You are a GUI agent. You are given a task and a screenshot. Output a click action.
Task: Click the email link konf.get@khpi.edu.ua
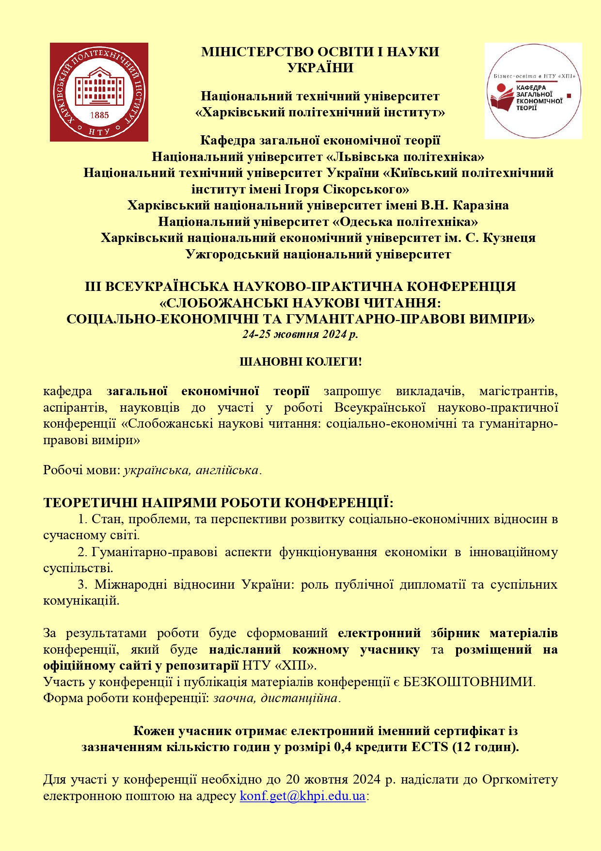point(302,796)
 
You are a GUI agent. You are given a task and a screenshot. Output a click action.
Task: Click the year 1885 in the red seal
point(99,115)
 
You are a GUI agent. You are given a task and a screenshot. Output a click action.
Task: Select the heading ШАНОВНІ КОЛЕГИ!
point(300,362)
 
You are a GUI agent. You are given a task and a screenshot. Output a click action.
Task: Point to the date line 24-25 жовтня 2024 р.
point(300,334)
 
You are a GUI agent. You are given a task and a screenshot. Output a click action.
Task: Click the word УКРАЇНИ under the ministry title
point(320,67)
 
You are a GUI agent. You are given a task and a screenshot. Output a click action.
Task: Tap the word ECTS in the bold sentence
point(429,747)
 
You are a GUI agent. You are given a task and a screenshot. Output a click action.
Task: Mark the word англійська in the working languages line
point(227,470)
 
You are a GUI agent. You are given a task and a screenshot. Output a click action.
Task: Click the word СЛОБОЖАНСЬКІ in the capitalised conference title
point(224,303)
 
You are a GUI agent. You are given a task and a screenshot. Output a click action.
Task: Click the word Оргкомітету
point(520,779)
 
